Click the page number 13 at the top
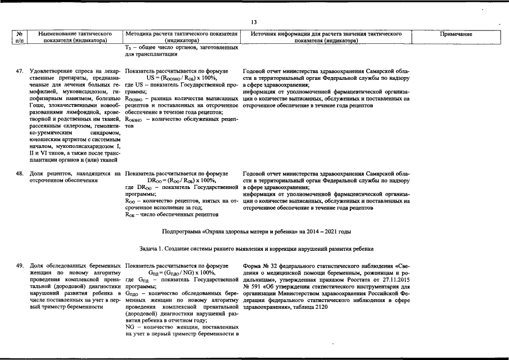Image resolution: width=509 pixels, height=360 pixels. tap(254, 22)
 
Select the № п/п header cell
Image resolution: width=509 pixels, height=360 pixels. tap(21, 38)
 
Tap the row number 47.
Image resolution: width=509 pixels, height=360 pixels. tap(20, 71)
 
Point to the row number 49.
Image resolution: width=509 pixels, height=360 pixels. tap(20, 265)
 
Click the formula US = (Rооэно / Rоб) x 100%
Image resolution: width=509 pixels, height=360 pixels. tap(179, 78)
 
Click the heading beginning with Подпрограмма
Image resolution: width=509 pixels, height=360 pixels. tap(256, 231)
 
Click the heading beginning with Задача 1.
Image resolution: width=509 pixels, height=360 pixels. tap(256, 249)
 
